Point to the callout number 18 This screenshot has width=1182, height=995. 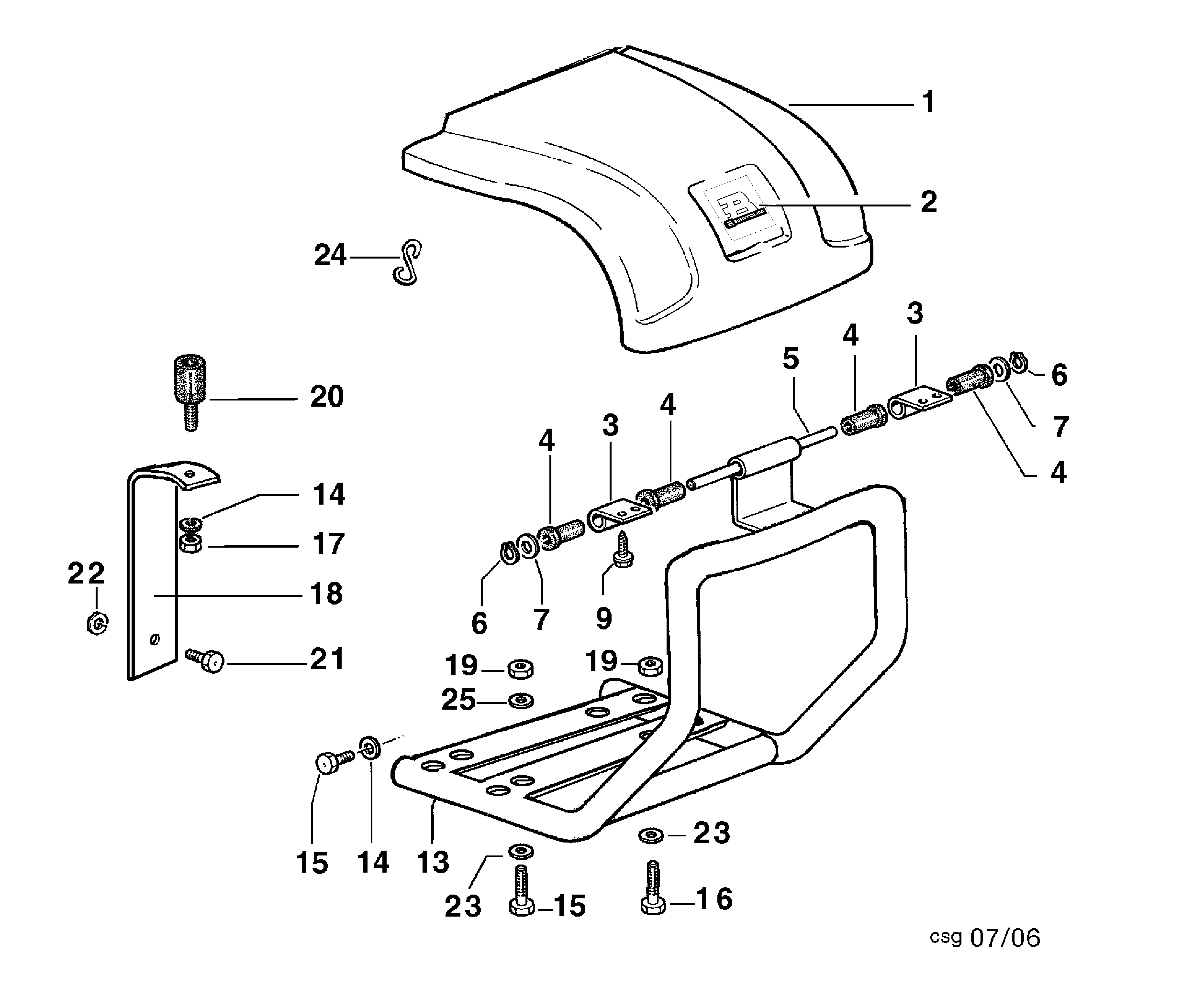[326, 594]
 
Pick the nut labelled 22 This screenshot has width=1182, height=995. [97, 623]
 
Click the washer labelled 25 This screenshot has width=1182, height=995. [520, 701]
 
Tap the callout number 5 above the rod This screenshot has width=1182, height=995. [791, 359]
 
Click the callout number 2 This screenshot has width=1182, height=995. [928, 202]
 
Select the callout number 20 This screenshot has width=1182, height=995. [327, 397]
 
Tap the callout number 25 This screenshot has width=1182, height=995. [458, 700]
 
